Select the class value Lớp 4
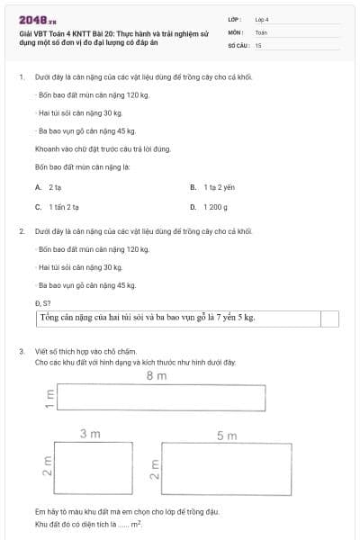[x=262, y=19]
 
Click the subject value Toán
[x=262, y=31]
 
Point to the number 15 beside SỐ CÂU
[x=258, y=44]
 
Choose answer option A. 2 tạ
[x=49, y=187]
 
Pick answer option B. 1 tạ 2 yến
[x=211, y=187]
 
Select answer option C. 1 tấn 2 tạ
[x=55, y=207]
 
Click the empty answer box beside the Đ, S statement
[x=329, y=319]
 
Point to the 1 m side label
[x=49, y=397]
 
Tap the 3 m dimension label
[x=90, y=435]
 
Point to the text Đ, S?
[x=42, y=303]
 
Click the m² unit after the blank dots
[x=137, y=523]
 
